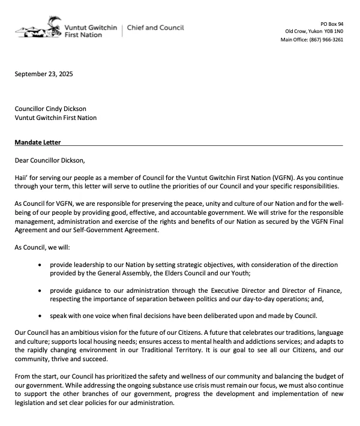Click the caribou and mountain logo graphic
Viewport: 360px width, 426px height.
(38, 29)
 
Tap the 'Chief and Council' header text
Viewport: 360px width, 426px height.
(155, 28)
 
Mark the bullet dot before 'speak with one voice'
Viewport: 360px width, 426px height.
(40, 316)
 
